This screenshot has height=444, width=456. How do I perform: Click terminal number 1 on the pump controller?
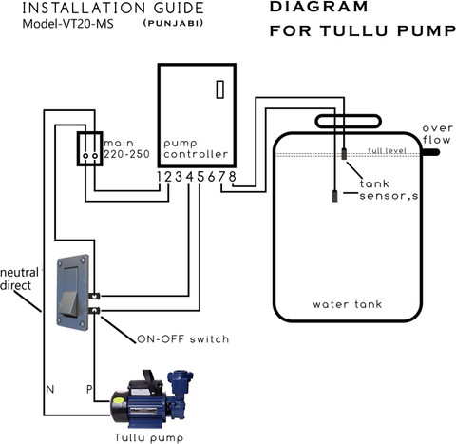160,177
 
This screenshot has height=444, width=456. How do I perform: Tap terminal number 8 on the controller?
233,177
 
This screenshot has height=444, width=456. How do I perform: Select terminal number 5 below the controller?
200,177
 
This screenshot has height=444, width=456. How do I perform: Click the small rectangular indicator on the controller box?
220,89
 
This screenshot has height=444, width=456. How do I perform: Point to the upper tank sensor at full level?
344,153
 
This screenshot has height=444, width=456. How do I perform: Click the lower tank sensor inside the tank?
334,196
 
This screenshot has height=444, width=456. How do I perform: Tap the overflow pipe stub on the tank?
430,152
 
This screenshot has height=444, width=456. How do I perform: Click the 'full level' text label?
387,150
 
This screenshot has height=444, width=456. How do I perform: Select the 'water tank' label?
348,304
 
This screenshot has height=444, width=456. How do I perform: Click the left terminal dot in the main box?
85,156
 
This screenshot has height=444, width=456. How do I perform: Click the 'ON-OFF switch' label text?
183,339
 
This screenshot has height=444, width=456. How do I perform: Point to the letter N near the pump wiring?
50,389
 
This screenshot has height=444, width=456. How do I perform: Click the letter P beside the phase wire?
89,389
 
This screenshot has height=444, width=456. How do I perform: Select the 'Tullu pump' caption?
149,437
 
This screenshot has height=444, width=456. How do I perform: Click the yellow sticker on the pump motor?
119,400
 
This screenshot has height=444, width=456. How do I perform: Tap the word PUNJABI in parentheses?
173,23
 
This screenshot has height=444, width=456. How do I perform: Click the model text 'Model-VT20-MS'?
67,24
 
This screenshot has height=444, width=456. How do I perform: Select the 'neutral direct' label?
19,279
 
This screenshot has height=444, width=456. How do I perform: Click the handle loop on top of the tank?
348,116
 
